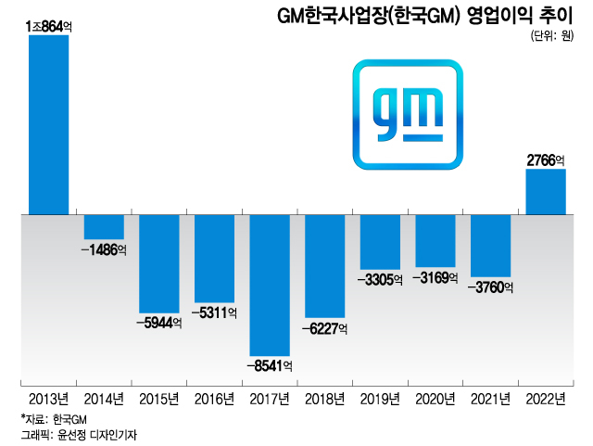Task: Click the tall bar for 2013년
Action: tap(48, 125)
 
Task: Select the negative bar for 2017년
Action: tap(269, 285)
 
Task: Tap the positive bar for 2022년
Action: tap(545, 192)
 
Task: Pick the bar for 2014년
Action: tap(104, 227)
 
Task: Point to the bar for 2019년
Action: tap(379, 242)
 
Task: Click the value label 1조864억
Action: tap(50, 28)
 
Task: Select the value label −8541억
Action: tap(270, 366)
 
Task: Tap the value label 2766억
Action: tap(546, 160)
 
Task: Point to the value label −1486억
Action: tap(104, 250)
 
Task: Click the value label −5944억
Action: tap(158, 324)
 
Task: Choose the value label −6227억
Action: tap(324, 328)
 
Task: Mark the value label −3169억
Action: tap(435, 276)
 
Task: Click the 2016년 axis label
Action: tap(214, 400)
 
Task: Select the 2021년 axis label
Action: tap(490, 400)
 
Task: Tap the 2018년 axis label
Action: tap(324, 400)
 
